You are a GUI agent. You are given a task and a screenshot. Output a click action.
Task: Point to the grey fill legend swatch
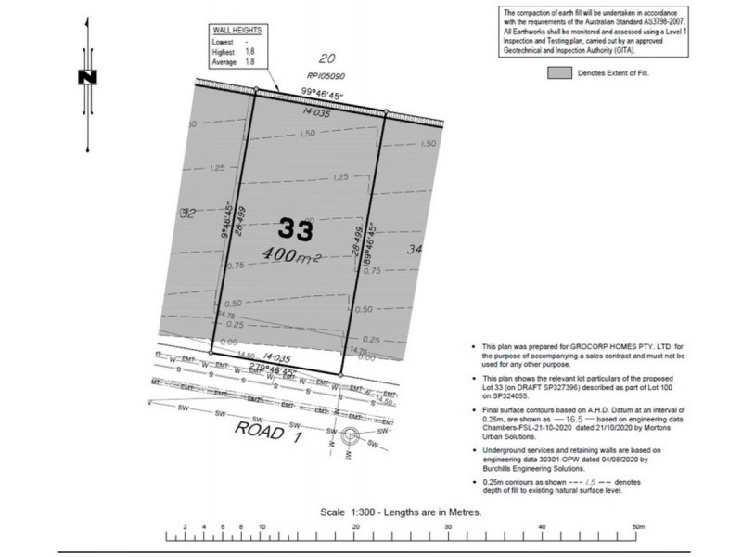pos(559,71)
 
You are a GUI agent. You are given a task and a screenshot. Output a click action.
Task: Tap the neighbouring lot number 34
pos(415,249)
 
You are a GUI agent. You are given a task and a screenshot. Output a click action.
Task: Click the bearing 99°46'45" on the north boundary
pos(322,91)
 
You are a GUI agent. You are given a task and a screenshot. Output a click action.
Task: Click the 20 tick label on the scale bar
pos(355,526)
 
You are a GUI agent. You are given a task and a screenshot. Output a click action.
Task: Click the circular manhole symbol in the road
pos(351,434)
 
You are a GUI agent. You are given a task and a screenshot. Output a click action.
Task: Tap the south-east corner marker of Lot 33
pos(341,375)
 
